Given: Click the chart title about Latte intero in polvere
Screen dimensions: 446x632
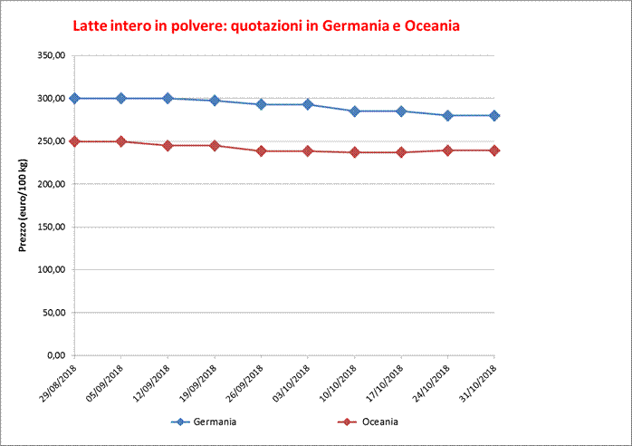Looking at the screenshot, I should point(266,25).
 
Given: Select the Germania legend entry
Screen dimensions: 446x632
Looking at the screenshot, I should point(206,422).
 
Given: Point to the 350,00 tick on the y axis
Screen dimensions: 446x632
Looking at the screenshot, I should point(51,55).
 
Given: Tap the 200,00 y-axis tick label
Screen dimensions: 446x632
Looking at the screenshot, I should point(51,184).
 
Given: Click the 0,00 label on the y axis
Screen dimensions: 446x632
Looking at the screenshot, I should point(56,355).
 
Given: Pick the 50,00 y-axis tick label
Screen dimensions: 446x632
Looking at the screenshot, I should point(53,313).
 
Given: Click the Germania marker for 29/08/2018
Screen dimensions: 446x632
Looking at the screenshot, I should point(74,98).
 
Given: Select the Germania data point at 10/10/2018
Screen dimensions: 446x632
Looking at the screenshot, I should point(355,111).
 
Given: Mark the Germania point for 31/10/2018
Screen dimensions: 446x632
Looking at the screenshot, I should point(494,116).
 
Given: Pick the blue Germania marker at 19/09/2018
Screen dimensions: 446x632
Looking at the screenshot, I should point(215,101).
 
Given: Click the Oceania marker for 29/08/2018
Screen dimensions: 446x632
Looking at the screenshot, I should point(74,141).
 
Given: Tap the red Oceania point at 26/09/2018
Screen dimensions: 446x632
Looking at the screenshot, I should point(261,150).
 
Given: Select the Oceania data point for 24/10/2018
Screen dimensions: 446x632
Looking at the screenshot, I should point(448,150).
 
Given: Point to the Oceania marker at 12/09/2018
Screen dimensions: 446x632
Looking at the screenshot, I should point(168,145).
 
